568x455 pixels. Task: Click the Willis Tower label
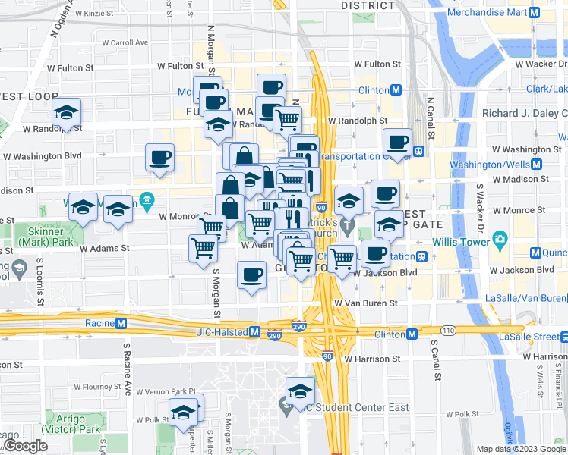pyautogui.click(x=460, y=242)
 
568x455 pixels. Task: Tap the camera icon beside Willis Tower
pyautogui.click(x=499, y=242)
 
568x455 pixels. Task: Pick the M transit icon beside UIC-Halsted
pyautogui.click(x=255, y=332)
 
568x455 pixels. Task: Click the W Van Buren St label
pyautogui.click(x=366, y=303)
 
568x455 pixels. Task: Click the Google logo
pyautogui.click(x=25, y=446)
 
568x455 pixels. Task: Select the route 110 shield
pyautogui.click(x=449, y=330)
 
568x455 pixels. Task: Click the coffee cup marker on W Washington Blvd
pyautogui.click(x=159, y=158)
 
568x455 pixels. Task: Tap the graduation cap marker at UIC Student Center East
pyautogui.click(x=300, y=392)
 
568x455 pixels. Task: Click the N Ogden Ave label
pyautogui.click(x=63, y=20)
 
